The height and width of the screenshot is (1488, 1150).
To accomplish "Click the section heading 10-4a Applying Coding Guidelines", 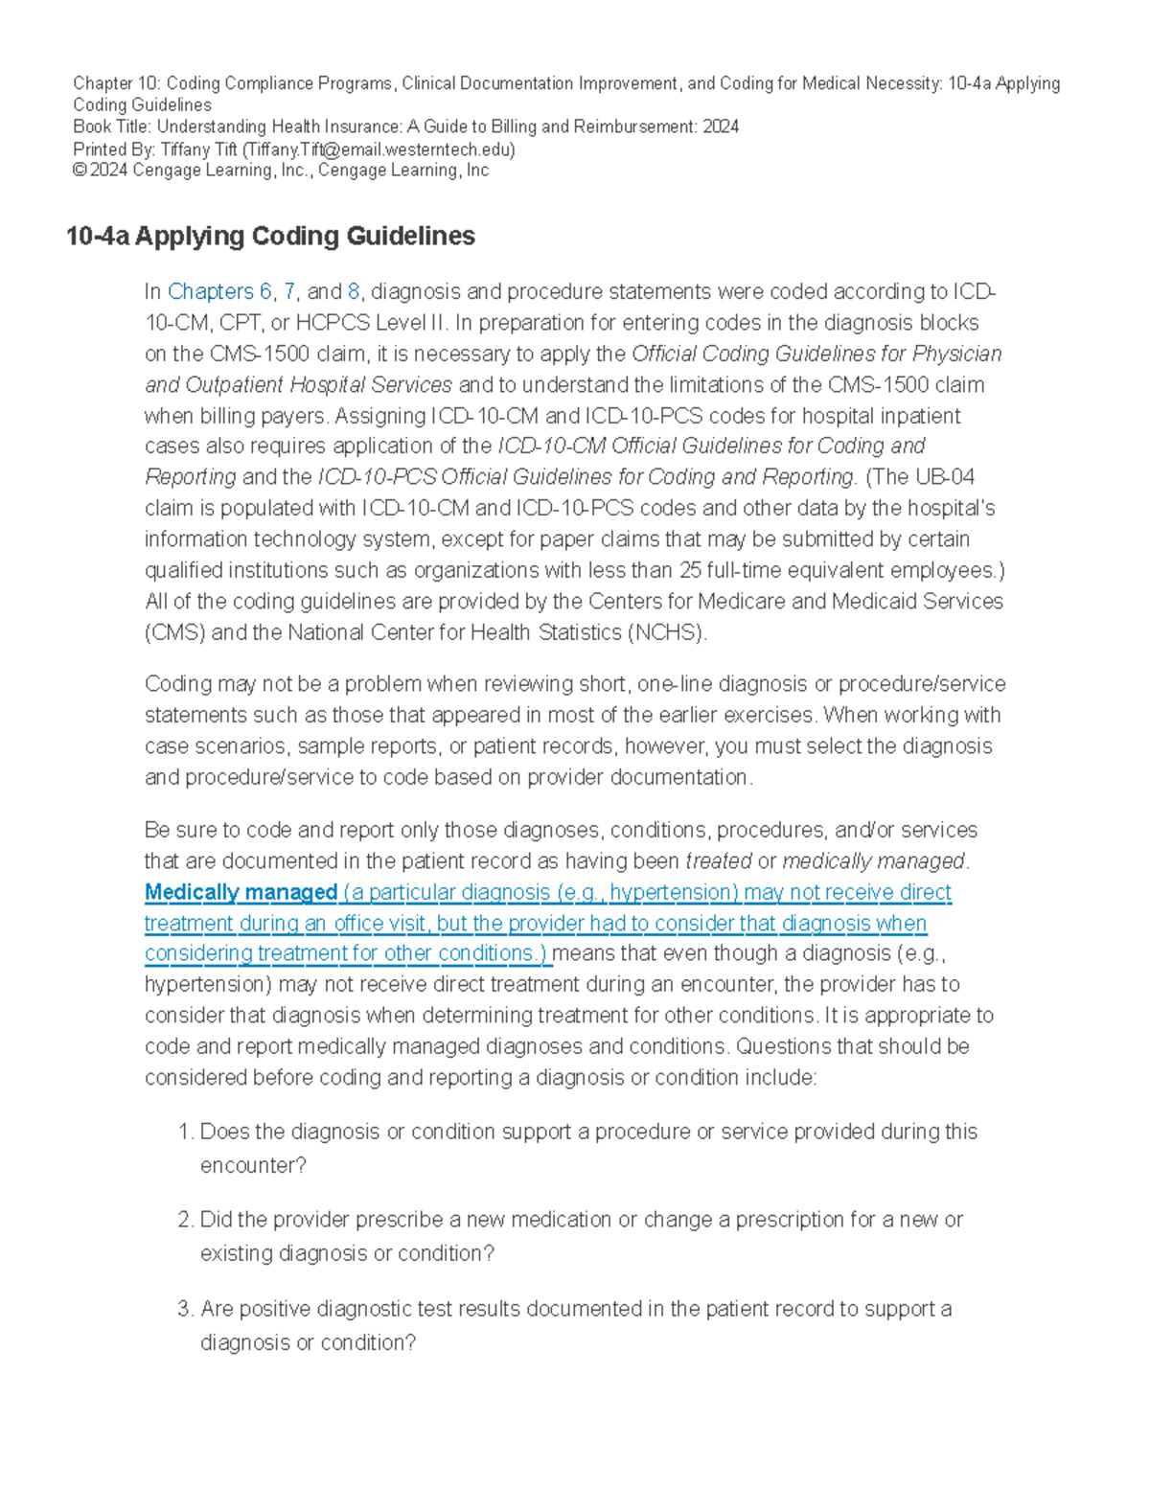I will click(x=270, y=237).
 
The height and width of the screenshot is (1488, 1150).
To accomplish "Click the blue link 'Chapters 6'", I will click(x=219, y=291).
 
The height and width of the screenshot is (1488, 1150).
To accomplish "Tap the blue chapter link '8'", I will click(x=354, y=291).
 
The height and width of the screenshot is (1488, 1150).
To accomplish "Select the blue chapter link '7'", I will click(x=289, y=291).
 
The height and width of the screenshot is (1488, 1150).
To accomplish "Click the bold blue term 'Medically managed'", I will click(x=241, y=892).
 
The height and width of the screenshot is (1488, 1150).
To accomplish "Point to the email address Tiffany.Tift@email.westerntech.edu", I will click(x=379, y=149).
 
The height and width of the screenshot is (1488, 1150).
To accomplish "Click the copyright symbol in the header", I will click(x=79, y=171).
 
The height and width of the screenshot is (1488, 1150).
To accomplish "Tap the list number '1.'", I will click(x=186, y=1132).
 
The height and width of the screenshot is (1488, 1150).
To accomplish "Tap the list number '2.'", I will click(x=186, y=1220).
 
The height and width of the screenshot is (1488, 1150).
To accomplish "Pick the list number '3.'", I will click(x=186, y=1309).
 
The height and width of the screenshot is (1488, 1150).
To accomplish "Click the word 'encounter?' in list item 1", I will click(x=253, y=1165).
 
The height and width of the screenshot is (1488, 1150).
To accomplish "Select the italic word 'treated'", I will click(x=719, y=861).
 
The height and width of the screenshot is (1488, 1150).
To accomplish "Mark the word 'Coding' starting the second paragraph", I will click(x=177, y=684).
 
